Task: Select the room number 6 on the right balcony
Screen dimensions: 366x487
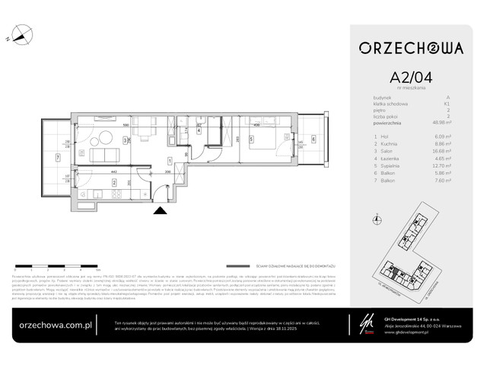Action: [313, 139]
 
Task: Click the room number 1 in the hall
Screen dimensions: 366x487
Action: [168, 159]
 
